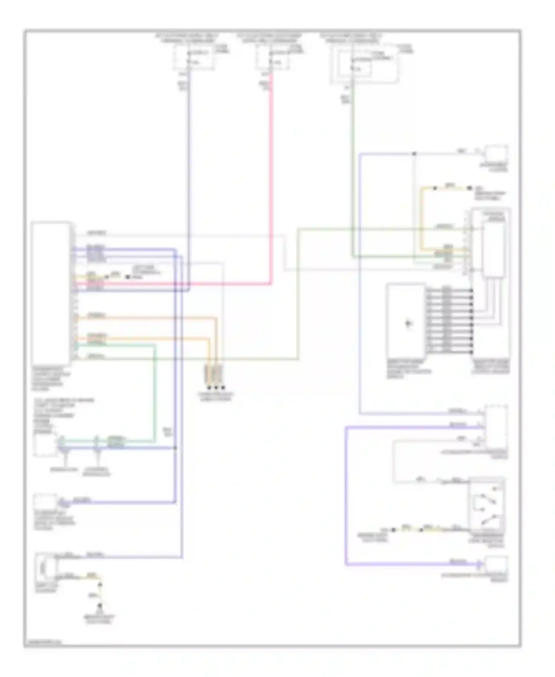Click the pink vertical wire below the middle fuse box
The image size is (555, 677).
(x=271, y=178)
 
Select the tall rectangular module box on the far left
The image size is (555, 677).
(x=51, y=293)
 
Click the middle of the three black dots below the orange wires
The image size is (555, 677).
(x=216, y=388)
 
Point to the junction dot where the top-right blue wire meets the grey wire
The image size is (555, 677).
(x=414, y=153)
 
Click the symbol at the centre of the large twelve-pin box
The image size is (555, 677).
(x=408, y=323)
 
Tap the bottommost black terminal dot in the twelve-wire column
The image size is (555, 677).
(x=471, y=352)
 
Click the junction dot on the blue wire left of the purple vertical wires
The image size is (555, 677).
(x=175, y=448)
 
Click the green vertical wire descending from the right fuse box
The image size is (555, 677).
(x=352, y=178)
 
